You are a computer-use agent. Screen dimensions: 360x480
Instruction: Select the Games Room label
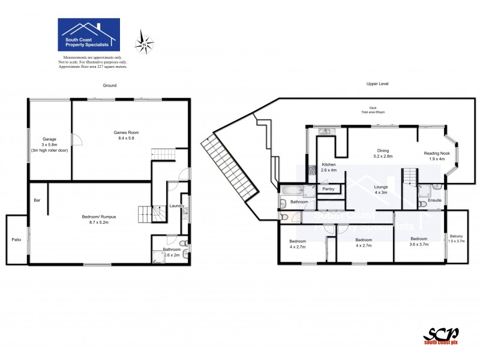click(x=127, y=136)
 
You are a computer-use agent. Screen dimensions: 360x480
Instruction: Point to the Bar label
click(x=37, y=200)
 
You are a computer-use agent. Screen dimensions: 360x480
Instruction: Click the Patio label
click(x=16, y=240)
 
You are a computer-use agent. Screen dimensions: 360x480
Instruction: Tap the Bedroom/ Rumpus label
click(x=98, y=220)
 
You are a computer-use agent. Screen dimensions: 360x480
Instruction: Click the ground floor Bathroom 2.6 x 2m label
click(x=172, y=252)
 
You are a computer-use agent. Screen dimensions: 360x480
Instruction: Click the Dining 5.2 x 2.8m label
click(x=384, y=153)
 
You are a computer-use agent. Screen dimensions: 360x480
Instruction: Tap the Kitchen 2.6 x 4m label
click(x=329, y=167)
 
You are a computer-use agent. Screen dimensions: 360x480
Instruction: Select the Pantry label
click(x=328, y=189)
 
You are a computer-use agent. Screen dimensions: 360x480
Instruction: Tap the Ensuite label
click(x=435, y=200)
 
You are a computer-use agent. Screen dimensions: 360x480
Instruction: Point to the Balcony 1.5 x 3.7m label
click(x=456, y=238)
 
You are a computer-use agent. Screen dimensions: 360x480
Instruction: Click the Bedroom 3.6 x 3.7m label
click(x=419, y=241)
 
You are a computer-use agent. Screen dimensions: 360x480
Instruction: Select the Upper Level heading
click(x=377, y=85)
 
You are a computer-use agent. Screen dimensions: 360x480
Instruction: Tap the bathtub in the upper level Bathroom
click(x=292, y=191)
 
